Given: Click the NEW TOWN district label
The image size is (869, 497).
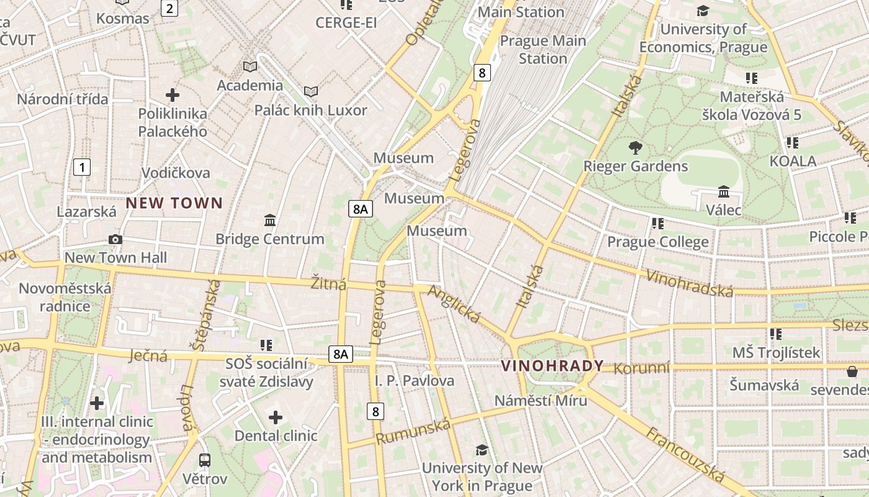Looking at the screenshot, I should coord(174,203).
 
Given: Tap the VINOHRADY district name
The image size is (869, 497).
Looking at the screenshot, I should coord(552,366).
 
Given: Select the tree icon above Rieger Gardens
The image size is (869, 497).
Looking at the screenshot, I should coord(635,148).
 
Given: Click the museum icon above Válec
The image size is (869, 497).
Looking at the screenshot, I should coord(723,191).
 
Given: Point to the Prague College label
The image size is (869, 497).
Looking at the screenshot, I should coord(657,242).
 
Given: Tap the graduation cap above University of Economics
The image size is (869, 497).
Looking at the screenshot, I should coord(703,11).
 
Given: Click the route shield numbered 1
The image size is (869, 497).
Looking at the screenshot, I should coord(81,167).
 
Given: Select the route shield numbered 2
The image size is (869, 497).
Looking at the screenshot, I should coord(169,8).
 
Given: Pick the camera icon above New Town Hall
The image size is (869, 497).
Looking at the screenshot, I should coord(115,240).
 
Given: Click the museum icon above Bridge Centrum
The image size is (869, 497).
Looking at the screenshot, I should coord(270,221).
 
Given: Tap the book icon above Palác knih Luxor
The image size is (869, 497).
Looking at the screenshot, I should coord(311,92).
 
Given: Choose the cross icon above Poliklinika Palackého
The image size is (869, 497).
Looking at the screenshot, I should coord(173,95).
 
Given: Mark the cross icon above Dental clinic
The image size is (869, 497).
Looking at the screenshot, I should coord(276,417).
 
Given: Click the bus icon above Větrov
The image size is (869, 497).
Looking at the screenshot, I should coord(205,460).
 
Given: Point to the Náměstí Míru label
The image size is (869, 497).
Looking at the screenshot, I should coord(541,401).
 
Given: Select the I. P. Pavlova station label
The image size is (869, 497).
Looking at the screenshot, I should coord(414,381).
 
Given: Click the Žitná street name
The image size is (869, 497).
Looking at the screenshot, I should coord(329,283).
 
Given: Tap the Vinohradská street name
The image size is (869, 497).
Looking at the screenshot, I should coord(690,283).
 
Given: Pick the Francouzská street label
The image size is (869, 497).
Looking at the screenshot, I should coord(686,455).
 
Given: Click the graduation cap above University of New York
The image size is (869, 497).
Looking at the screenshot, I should coord(482,450).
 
